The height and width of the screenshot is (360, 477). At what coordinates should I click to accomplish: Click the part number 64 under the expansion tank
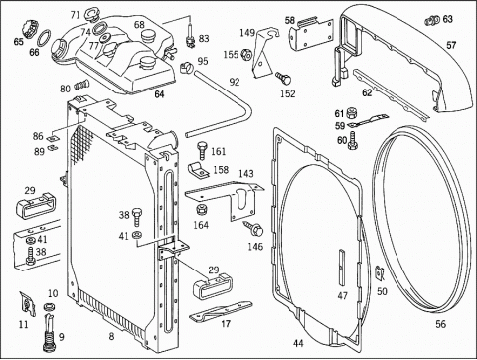[x=159, y=94]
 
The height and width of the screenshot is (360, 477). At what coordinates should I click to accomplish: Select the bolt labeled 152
[x=283, y=79]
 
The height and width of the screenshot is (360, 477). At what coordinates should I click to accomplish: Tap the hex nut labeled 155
[x=246, y=54]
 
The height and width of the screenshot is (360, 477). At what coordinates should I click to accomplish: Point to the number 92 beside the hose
[x=235, y=82]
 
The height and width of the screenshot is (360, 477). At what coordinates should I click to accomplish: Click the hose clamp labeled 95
[x=187, y=68]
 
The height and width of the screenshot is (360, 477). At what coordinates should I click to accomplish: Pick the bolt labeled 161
[x=202, y=151]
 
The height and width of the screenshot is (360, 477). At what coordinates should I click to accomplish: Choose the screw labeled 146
[x=254, y=229]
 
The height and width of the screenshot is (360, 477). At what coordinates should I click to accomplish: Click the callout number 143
[x=246, y=173]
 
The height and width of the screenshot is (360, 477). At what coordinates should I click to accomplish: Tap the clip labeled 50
[x=379, y=272]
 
